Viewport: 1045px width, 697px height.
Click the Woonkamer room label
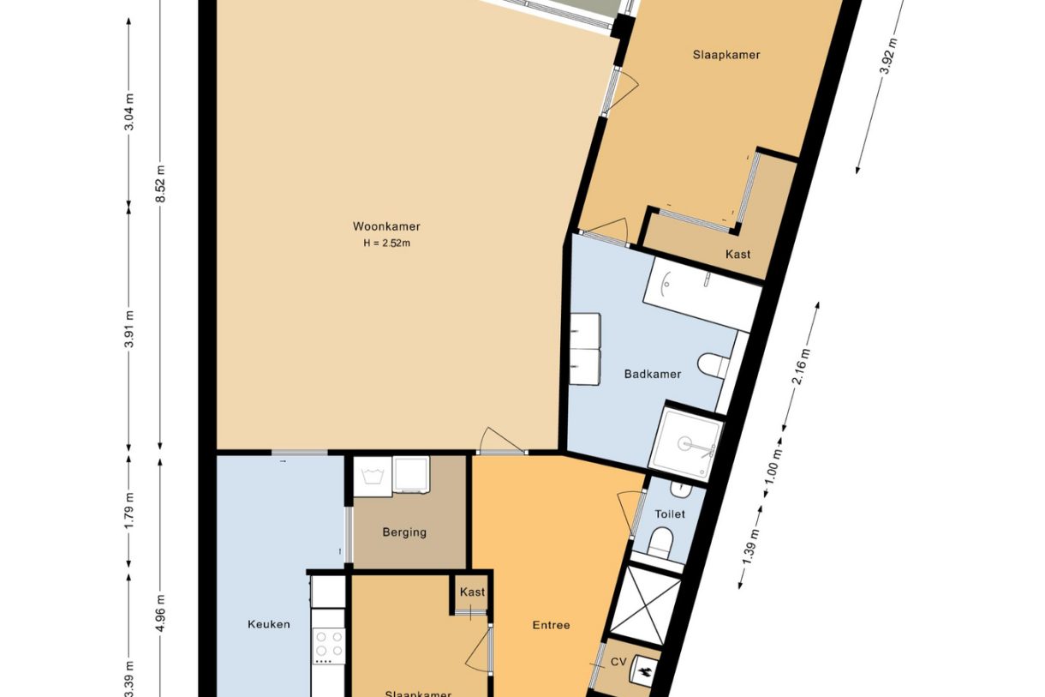(x=386, y=226)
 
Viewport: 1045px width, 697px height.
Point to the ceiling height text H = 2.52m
(x=386, y=243)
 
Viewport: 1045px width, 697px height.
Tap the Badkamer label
(x=653, y=374)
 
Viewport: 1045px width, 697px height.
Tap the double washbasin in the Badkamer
(x=586, y=349)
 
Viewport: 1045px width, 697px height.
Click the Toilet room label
(x=670, y=514)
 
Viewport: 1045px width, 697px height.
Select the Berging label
(x=404, y=532)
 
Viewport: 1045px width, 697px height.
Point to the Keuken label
(x=268, y=624)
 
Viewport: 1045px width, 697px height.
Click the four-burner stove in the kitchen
(x=329, y=646)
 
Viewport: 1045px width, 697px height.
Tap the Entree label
(x=551, y=625)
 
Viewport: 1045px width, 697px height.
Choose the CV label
(x=618, y=661)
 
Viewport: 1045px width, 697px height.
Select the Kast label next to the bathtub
(x=737, y=254)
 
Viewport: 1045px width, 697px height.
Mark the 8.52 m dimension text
(x=160, y=183)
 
